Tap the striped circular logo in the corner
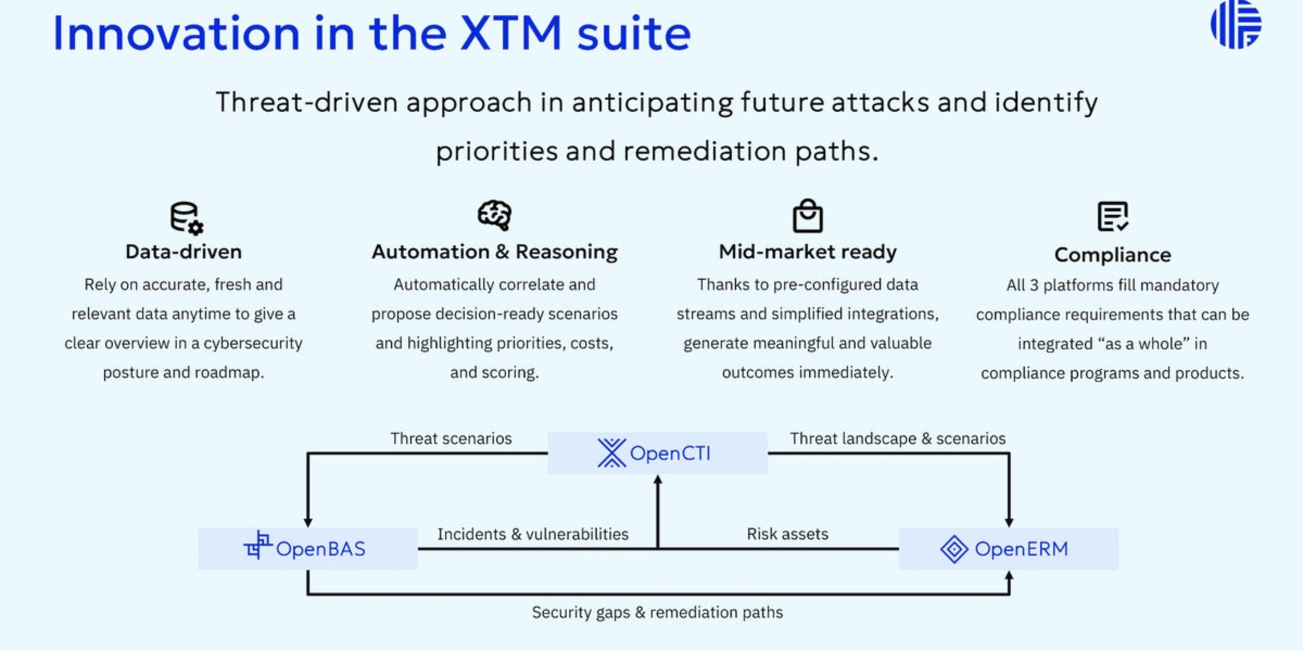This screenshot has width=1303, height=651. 1236,25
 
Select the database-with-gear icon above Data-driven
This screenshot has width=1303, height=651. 186,218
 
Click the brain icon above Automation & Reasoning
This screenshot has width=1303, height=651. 494,215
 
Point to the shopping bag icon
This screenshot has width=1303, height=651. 807,216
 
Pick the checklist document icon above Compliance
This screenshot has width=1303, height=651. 1112,216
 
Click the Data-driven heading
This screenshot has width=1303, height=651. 184,252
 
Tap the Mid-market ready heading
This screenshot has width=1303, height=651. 807,252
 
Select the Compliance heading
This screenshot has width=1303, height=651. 1112,255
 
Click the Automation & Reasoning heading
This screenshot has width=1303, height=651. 494,252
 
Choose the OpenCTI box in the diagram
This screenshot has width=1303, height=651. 657,453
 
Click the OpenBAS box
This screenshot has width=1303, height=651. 307,548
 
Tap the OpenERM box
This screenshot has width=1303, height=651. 1008,548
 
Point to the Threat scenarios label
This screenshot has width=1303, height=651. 451,439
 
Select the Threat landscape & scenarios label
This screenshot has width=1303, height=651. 897,439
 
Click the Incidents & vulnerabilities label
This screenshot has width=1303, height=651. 532,534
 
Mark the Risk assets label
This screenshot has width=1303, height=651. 787,534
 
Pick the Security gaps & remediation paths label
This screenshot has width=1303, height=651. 657,612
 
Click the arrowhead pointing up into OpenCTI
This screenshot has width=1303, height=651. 657,480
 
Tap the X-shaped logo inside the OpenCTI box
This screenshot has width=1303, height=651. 611,453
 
